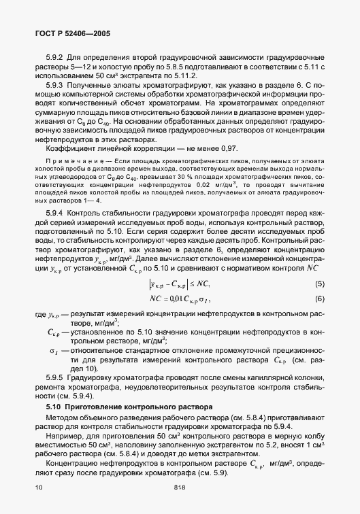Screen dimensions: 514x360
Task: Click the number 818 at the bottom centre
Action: click(180, 487)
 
